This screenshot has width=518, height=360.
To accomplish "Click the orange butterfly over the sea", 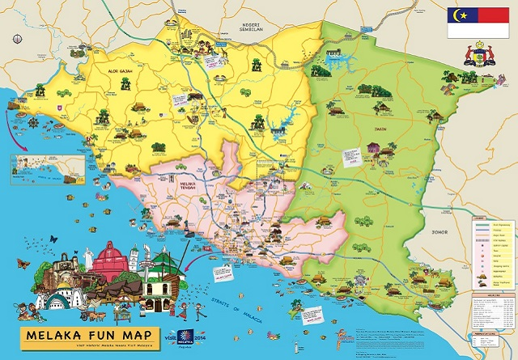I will coord(53,239).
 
